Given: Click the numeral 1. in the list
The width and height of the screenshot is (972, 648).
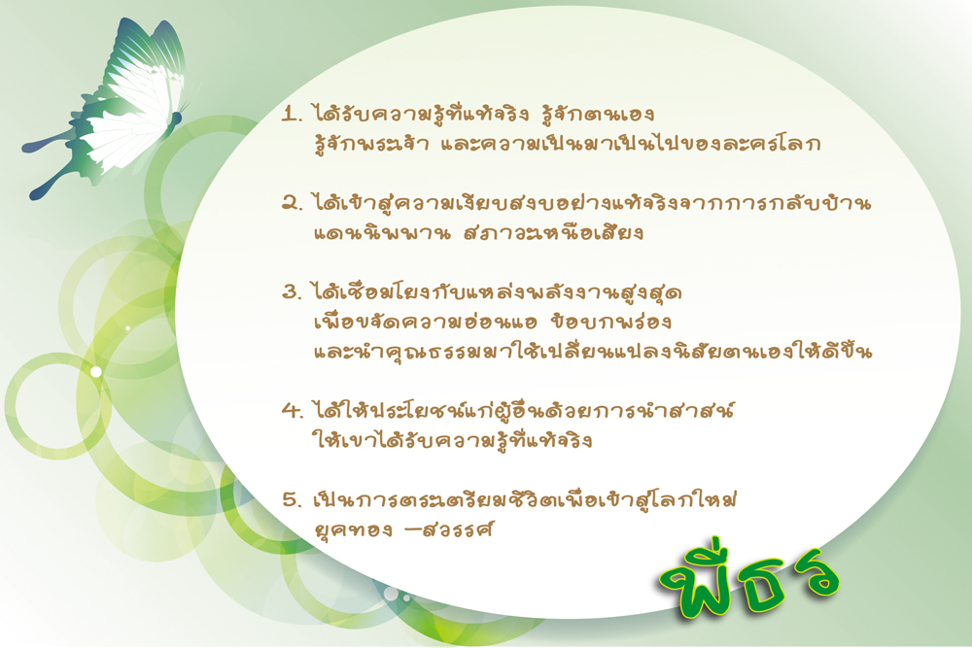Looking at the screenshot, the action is pyautogui.click(x=292, y=114).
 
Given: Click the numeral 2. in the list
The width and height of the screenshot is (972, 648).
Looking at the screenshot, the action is pyautogui.click(x=292, y=203).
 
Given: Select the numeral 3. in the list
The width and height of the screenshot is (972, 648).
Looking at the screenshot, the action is pyautogui.click(x=292, y=291).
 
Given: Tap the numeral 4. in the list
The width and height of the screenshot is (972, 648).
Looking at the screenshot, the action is pyautogui.click(x=292, y=410).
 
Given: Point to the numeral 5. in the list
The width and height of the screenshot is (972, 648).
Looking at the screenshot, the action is pyautogui.click(x=292, y=499).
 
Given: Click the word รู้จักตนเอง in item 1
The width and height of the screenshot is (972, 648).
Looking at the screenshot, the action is pyautogui.click(x=598, y=113).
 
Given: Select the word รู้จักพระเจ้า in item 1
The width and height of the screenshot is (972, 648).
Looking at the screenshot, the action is pyautogui.click(x=371, y=143).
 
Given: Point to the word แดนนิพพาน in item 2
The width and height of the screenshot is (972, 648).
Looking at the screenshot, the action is pyautogui.click(x=382, y=233).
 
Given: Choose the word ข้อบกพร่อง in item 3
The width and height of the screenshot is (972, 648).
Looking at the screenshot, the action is pyautogui.click(x=610, y=321).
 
